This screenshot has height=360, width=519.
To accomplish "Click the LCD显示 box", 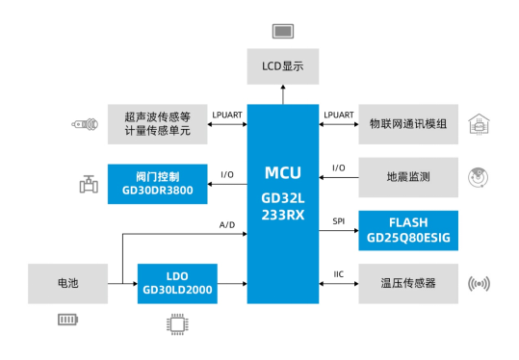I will tap(283, 68).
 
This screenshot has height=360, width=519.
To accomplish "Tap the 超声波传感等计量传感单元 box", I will tap(157, 124).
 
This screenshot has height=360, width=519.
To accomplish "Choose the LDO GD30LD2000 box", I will tap(176, 283).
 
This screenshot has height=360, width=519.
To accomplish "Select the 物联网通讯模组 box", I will tap(407, 124).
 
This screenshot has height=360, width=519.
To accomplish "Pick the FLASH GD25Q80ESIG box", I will tap(407, 229).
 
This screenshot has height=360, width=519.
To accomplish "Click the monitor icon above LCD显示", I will tap(283, 32).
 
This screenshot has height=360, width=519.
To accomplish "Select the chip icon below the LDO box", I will tap(176, 323).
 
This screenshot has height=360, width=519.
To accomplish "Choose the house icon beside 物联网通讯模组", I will tap(478, 124).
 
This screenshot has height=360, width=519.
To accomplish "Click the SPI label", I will tap(338, 220).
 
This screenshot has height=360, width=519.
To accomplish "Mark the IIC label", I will tap(338, 274).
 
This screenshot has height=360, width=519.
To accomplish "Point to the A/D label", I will tap(227, 224).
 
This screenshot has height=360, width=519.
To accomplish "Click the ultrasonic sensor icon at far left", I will tap(84, 124).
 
